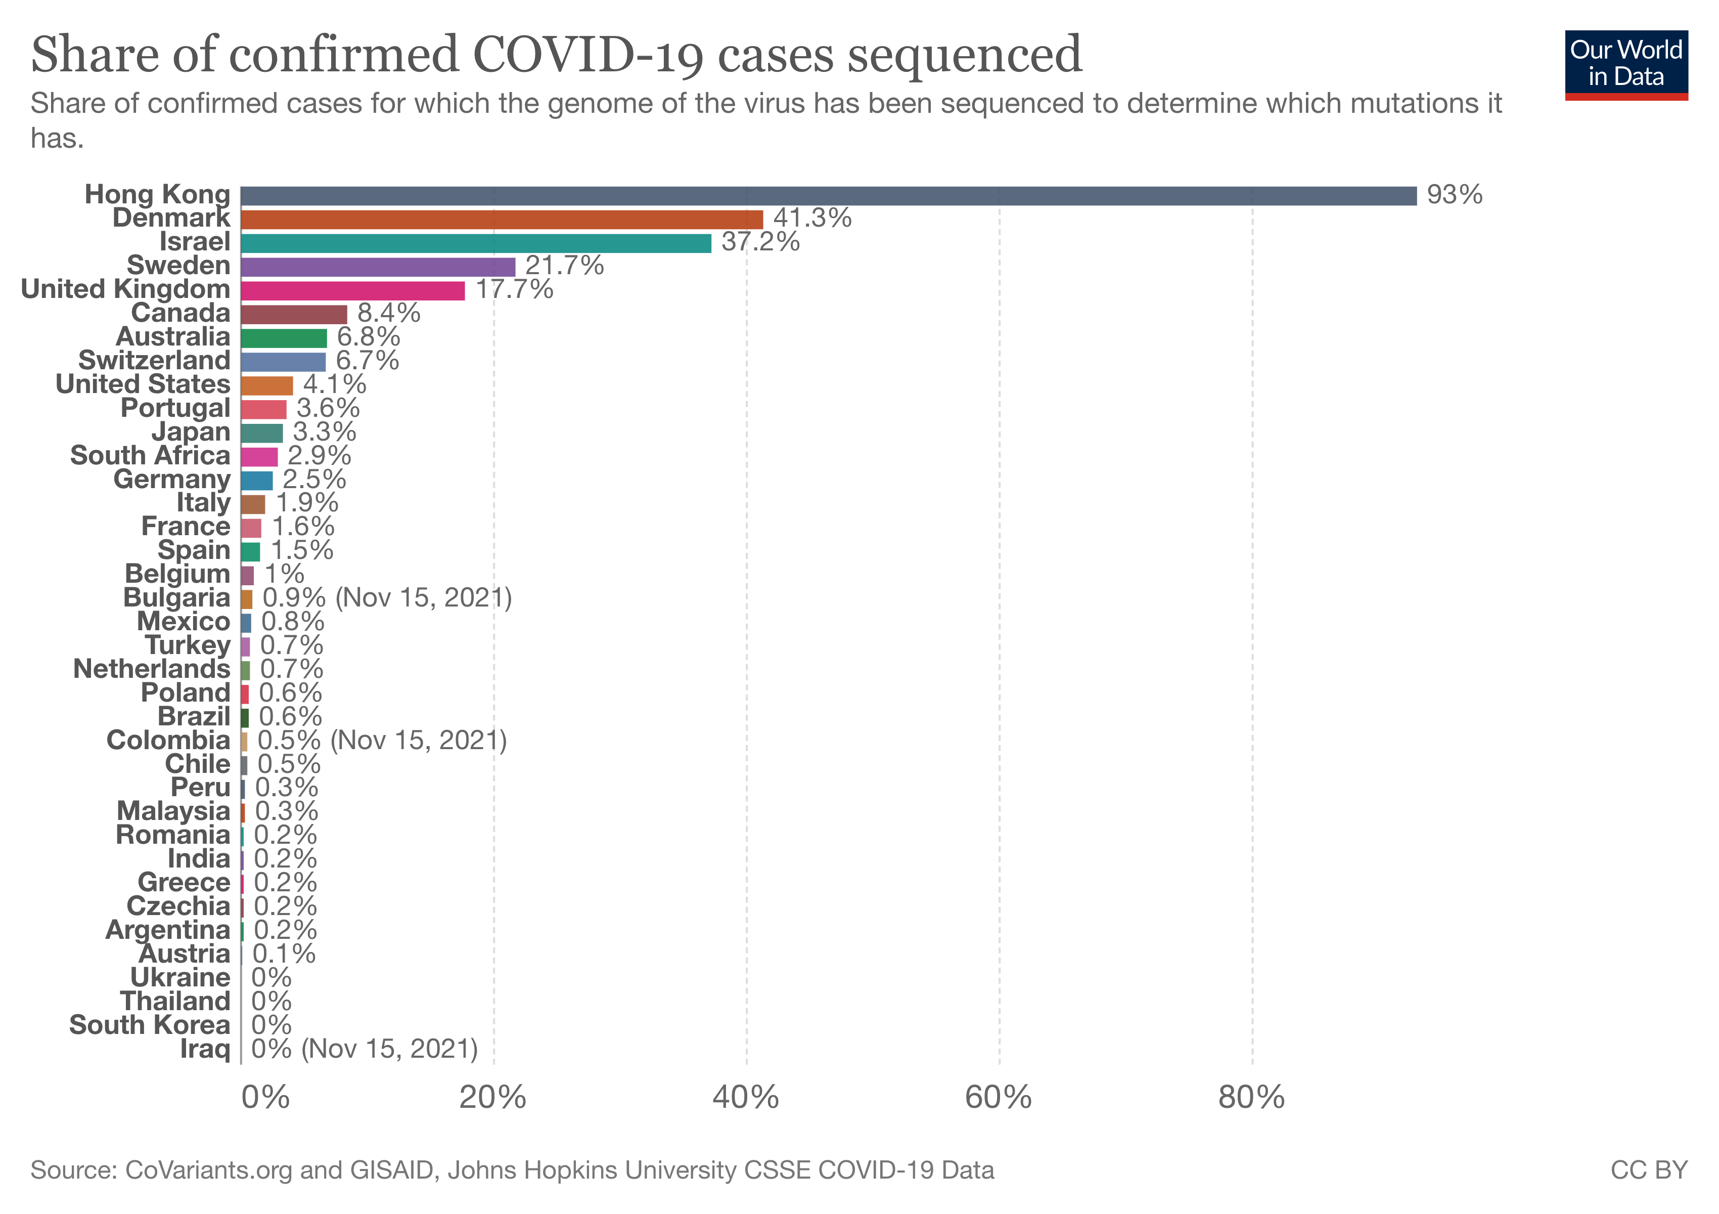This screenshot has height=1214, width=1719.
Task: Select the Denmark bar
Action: pos(502,220)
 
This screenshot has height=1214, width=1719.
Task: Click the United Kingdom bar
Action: pos(352,290)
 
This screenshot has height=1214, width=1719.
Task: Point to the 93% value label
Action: pos(1454,195)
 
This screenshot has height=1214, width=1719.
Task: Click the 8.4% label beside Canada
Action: pos(389,313)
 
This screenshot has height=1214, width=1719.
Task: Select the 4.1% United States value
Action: pos(335,384)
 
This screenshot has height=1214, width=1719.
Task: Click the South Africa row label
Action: pos(150,455)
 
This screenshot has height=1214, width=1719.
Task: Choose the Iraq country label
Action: pos(204,1049)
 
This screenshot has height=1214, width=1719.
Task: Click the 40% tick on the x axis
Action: pos(746,1098)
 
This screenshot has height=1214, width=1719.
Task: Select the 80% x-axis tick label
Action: pos(1251,1098)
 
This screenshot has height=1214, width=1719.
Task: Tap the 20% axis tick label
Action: pos(492,1098)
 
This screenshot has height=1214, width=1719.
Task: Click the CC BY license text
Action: pos(1649,1170)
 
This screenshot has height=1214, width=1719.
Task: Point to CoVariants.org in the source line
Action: pos(208,1170)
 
